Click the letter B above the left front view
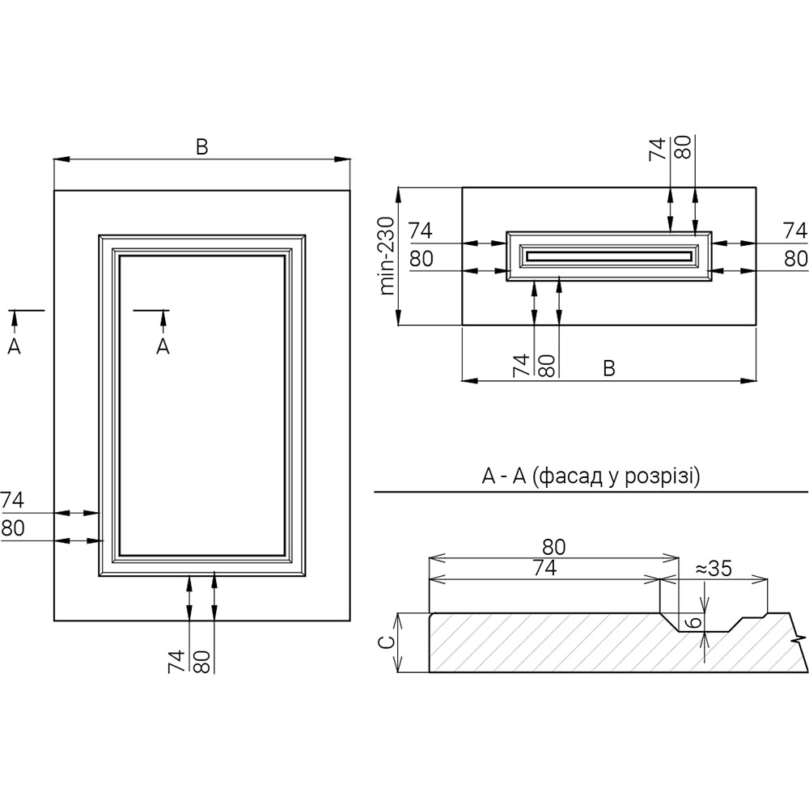tap(202, 146)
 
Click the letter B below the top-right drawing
tap(609, 368)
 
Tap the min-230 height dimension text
tap(388, 256)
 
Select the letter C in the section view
tap(387, 642)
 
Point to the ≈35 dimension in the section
tap(713, 568)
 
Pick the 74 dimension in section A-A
tap(544, 568)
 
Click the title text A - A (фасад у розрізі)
tap(591, 477)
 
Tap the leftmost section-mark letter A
tap(13, 346)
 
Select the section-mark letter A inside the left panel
tap(163, 346)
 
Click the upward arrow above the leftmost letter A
tap(13, 321)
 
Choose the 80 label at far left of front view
tap(12, 528)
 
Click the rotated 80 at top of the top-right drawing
tap(683, 149)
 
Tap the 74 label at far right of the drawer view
tap(795, 231)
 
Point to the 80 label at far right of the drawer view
tap(795, 258)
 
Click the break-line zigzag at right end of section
tap(799, 637)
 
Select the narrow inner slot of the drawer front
tap(609, 256)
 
